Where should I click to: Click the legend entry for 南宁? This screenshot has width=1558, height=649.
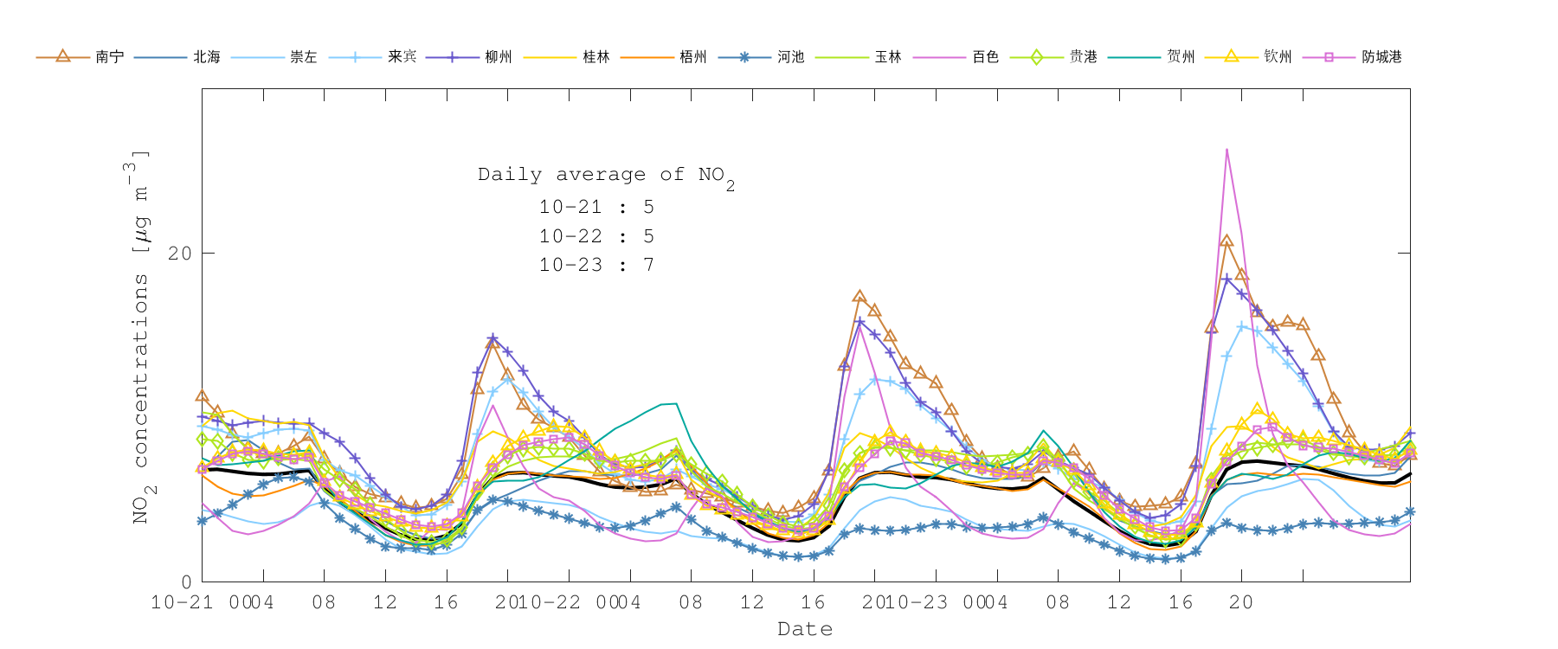click(x=109, y=57)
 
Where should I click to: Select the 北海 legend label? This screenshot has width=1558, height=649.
click(x=207, y=57)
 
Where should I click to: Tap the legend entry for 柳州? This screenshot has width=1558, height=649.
click(x=499, y=57)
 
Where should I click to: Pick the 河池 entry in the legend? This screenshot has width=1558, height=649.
click(x=790, y=57)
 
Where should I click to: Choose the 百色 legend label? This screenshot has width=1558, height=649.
click(x=985, y=57)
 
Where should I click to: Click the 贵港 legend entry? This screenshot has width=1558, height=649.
click(x=1083, y=57)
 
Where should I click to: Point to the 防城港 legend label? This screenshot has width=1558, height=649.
click(x=1381, y=57)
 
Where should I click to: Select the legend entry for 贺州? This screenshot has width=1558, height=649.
click(x=1181, y=57)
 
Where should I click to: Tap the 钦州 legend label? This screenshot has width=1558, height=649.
click(x=1278, y=57)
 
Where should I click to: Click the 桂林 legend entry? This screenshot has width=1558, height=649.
click(x=596, y=57)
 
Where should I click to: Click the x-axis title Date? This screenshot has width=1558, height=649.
click(x=805, y=629)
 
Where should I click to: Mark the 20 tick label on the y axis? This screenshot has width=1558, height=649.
click(x=180, y=254)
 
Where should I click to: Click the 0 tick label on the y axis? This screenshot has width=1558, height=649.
click(x=186, y=582)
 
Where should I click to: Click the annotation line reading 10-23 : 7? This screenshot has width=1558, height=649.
click(x=596, y=265)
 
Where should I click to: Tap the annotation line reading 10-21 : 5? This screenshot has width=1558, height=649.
click(x=596, y=207)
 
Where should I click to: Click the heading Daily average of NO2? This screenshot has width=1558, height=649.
click(x=606, y=176)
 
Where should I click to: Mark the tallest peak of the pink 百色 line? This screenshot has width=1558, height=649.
click(x=1226, y=150)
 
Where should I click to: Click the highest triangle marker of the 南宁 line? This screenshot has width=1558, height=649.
click(x=1226, y=241)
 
